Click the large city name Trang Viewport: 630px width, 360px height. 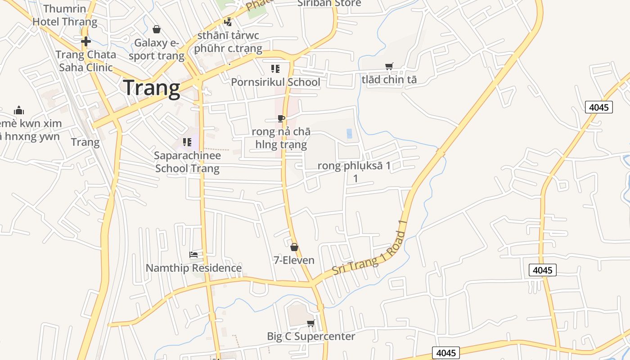[152, 88]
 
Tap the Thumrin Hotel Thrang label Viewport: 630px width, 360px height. [65, 15]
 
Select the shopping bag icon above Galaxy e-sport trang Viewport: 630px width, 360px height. [156, 29]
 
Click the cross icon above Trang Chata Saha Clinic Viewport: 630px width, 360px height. [85, 41]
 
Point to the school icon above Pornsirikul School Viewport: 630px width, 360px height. [275, 69]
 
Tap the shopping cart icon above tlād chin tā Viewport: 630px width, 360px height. [389, 66]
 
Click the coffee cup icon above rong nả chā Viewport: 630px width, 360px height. [281, 119]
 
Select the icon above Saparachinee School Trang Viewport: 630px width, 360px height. [187, 142]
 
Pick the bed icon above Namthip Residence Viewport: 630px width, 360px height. [193, 255]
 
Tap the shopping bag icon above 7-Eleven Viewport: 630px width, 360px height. [294, 247]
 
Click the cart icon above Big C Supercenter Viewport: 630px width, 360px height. [310, 323]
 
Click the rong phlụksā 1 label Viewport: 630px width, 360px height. [354, 166]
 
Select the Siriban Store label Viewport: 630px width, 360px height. [329, 4]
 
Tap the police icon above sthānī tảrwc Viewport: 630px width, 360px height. [228, 22]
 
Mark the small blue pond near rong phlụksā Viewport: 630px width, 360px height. [349, 133]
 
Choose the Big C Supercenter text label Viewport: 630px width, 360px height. [311, 336]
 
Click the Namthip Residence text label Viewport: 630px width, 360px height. [193, 268]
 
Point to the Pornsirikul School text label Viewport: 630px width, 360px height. [275, 82]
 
